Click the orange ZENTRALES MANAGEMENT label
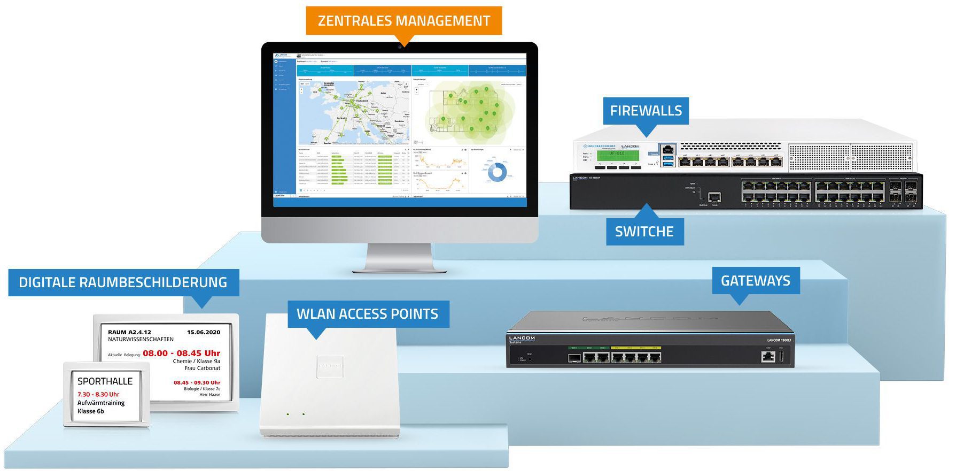click(403, 21)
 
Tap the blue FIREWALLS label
click(646, 111)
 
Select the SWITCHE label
click(644, 232)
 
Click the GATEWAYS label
click(755, 281)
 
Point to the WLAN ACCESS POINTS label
click(367, 314)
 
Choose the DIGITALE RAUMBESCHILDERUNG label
click(123, 282)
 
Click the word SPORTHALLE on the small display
click(105, 381)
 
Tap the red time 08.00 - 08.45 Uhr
click(181, 353)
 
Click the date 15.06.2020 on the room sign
click(203, 332)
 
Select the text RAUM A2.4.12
click(129, 332)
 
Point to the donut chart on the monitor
click(498, 172)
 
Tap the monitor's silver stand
click(399, 258)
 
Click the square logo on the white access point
click(329, 366)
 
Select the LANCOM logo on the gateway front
click(522, 339)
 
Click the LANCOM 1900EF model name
click(779, 340)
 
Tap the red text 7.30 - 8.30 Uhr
click(98, 394)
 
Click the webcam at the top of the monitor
click(399, 46)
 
